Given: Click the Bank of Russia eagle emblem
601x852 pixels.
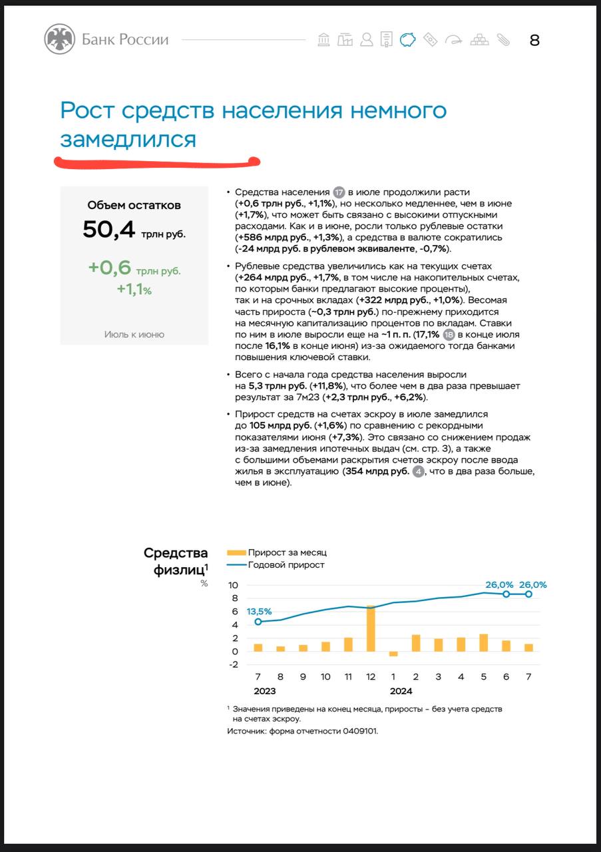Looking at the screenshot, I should (59, 39).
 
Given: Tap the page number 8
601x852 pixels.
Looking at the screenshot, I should (534, 41).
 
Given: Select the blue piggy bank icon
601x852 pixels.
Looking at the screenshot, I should (407, 40).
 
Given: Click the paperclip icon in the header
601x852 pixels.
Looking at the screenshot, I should (502, 40).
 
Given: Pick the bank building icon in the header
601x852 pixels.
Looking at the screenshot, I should (323, 40).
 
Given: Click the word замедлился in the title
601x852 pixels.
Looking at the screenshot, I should (128, 140).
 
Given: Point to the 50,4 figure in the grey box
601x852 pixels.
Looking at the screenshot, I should (109, 230).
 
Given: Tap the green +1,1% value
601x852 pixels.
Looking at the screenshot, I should (134, 290).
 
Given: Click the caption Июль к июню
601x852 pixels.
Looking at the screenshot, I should (134, 334).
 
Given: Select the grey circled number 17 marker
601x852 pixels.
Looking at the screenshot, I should (339, 192).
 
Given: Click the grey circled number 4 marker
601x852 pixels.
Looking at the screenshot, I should (418, 472).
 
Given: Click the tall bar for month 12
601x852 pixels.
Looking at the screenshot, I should (371, 628).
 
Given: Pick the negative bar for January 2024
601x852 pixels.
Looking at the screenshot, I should (393, 654).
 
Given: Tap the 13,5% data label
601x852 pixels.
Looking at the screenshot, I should (259, 611).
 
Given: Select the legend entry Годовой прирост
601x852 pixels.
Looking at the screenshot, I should (286, 565).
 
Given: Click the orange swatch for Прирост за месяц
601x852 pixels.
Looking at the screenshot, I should (236, 552).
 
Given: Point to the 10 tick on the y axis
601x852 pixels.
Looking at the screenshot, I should (233, 585).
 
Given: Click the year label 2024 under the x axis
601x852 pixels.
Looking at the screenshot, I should (401, 691).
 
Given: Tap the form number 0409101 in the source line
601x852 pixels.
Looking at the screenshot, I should (360, 731).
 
